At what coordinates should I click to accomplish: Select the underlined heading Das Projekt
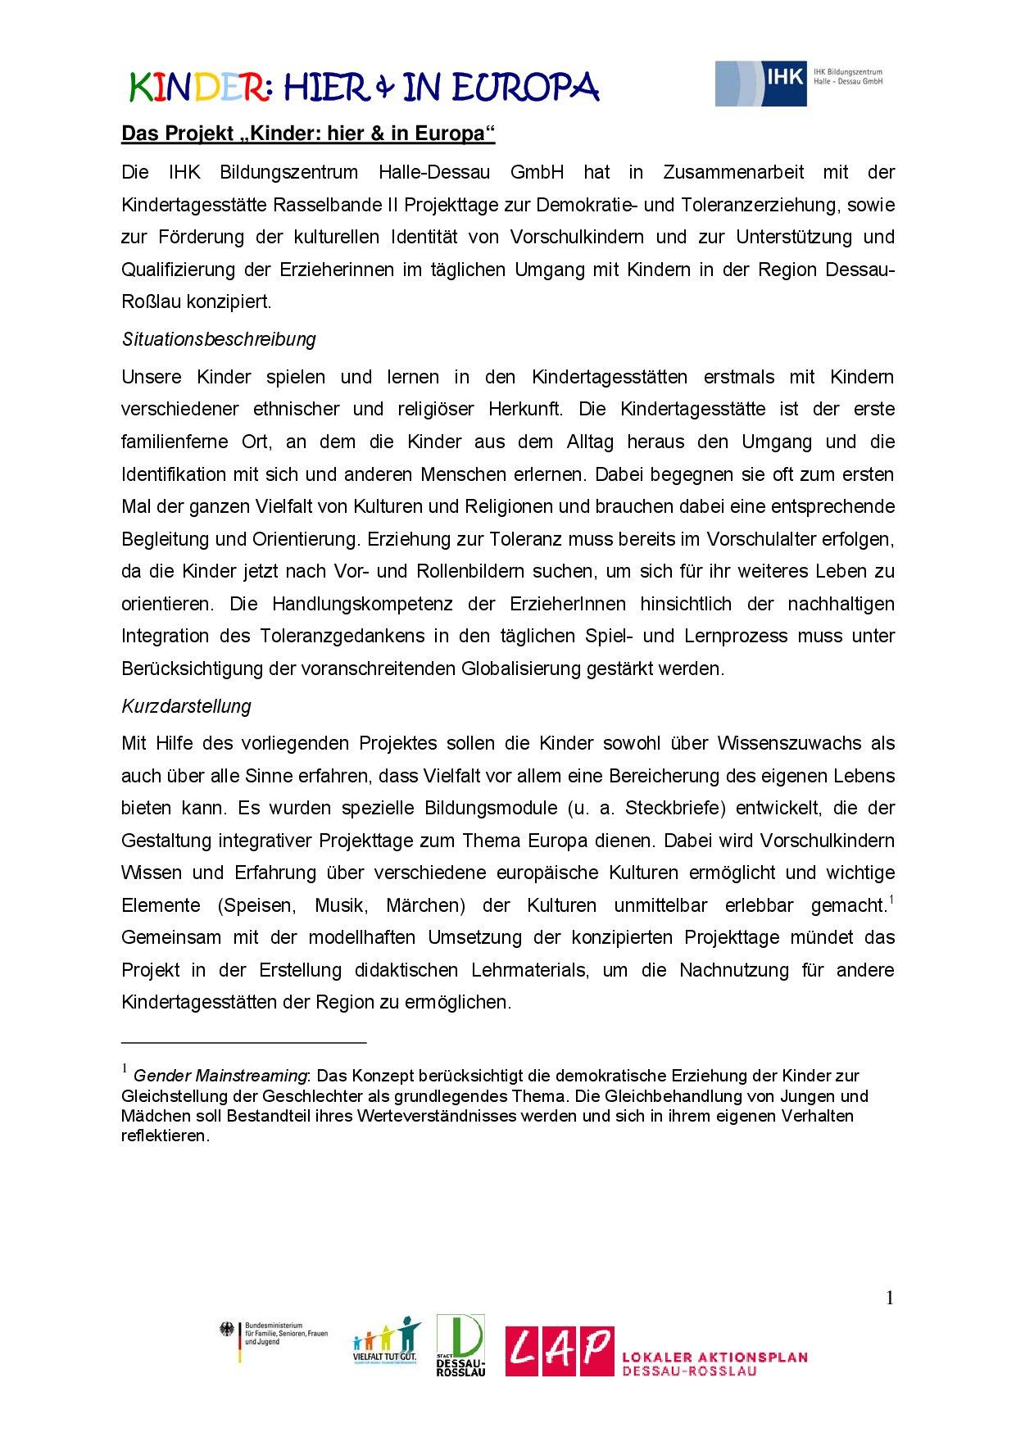tap(308, 134)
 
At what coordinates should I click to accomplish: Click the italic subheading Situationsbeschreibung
tap(219, 339)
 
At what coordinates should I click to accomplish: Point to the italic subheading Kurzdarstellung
tap(186, 706)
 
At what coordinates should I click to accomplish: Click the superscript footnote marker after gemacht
tap(891, 900)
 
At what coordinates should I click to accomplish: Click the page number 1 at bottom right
tap(890, 1298)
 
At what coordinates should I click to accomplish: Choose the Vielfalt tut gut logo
tap(385, 1346)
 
